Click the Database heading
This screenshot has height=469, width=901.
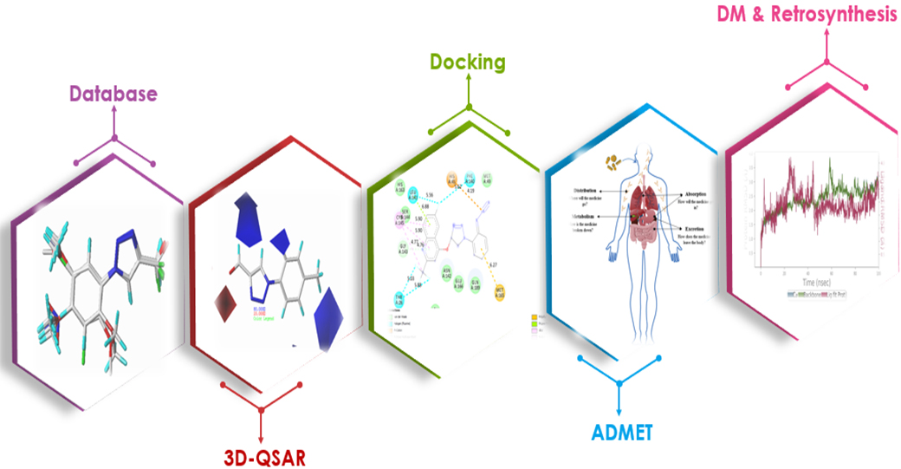pos(113,93)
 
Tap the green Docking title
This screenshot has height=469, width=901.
pos(468,62)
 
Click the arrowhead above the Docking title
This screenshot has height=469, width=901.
pos(469,79)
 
